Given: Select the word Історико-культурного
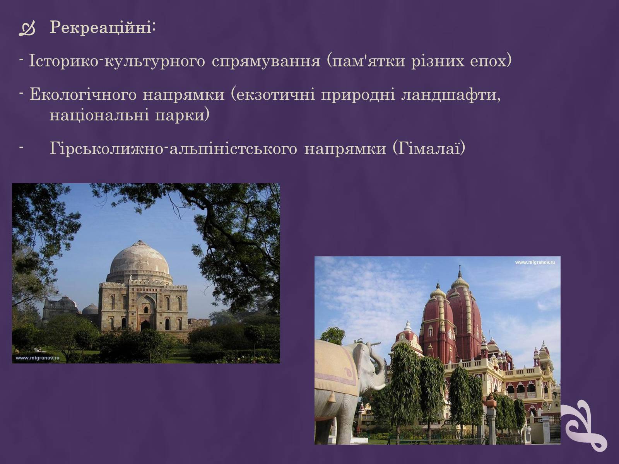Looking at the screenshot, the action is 117,61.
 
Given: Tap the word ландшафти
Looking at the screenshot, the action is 451,95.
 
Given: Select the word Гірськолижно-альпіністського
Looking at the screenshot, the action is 173,148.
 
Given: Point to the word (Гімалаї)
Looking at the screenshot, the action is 429,148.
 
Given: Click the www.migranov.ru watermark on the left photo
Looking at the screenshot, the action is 37,358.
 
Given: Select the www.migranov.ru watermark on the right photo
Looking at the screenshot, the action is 535,263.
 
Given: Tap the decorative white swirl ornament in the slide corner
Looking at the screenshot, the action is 583,425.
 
